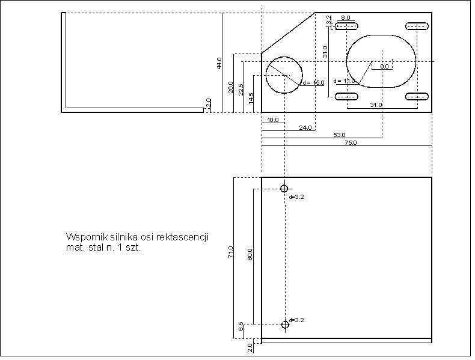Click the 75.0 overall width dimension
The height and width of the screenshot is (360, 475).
[x=351, y=143]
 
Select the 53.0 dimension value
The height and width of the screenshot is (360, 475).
[x=339, y=135]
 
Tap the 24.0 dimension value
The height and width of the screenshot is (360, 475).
[x=305, y=128]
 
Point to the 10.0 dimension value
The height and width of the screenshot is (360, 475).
[x=273, y=120]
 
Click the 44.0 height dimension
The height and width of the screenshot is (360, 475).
[x=219, y=63]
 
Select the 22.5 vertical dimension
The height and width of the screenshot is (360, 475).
[x=241, y=90]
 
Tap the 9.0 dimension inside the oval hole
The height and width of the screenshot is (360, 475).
[x=384, y=66]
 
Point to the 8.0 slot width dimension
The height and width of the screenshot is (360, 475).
[x=346, y=19]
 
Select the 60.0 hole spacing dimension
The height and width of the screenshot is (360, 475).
[x=250, y=254]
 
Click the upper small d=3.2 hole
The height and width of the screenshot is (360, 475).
[x=284, y=188]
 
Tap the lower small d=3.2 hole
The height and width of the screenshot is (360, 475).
[x=285, y=325]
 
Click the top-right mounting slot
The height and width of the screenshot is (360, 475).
[x=417, y=26]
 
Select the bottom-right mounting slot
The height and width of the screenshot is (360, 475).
[x=417, y=96]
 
